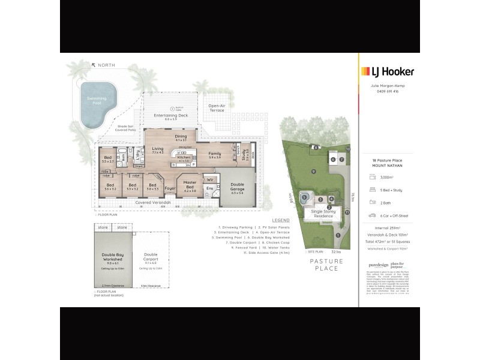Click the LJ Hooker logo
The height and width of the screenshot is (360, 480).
(388, 71)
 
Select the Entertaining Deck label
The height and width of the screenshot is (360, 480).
(171, 116)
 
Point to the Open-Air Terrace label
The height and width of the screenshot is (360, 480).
(217, 109)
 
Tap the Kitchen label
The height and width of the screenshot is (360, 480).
(184, 158)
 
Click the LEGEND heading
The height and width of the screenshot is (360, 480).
(280, 220)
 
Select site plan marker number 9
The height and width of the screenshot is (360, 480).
(313, 172)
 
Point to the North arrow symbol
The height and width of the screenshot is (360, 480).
(94, 65)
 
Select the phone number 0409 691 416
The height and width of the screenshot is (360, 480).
(389, 91)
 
